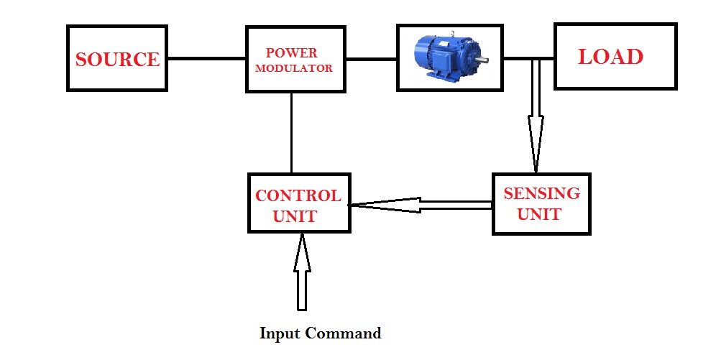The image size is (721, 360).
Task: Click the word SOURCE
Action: pos(117,59)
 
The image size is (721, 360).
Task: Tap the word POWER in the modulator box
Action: pos(291,53)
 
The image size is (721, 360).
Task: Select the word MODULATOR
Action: pos(295,69)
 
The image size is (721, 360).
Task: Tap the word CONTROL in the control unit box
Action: pos(298,195)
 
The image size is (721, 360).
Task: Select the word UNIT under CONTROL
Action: pos(295,216)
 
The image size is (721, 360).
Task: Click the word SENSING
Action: pos(541,194)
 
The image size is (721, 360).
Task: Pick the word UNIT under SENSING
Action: pos(539,214)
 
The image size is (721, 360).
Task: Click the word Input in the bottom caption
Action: pos(280,333)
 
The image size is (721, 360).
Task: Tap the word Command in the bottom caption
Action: pos(343,333)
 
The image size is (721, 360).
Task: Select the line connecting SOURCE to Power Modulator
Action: pos(206,59)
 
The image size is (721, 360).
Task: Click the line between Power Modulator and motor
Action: pos(371,59)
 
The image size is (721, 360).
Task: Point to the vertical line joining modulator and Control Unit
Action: pos(291,133)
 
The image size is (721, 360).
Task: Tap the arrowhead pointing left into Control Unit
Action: pos(381,206)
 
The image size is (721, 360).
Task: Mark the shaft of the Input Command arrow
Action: pos(301,291)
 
